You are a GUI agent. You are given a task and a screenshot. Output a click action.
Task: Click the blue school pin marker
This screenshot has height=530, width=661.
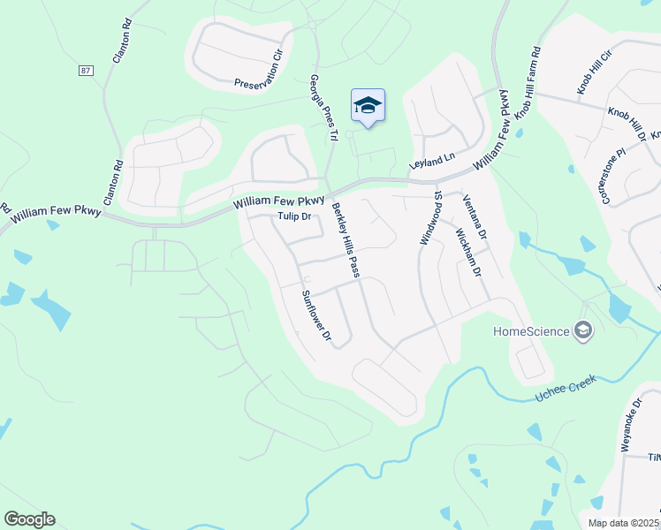[368, 106]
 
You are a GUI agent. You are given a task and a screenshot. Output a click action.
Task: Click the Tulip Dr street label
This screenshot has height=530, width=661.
[294, 216]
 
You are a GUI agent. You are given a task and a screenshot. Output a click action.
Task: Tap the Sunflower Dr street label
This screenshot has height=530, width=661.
[315, 315]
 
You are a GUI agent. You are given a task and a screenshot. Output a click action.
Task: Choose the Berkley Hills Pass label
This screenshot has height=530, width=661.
[346, 241]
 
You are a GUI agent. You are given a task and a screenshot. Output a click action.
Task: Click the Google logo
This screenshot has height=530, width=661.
[29, 519]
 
